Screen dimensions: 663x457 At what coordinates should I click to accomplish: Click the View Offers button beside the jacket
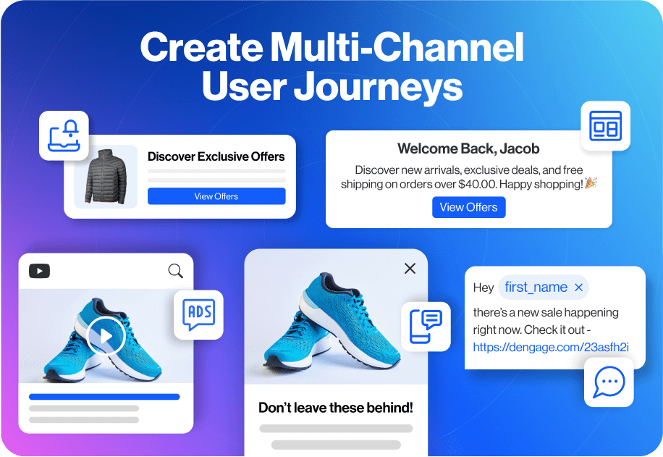[216, 196]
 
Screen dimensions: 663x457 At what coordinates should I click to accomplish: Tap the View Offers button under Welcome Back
[468, 207]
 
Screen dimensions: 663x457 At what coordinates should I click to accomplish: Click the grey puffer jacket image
[106, 177]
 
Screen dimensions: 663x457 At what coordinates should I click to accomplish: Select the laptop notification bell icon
[64, 136]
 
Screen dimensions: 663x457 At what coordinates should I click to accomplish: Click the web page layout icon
[606, 126]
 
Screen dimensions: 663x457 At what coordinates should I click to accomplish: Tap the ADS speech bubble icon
[199, 314]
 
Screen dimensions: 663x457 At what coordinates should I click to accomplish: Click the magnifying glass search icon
[175, 271]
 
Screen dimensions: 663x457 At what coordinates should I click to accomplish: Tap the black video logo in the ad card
[39, 271]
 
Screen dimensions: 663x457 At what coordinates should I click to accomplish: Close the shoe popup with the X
[410, 268]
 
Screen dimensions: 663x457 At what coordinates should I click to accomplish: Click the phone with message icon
[426, 326]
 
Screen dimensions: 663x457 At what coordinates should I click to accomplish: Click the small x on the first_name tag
[579, 288]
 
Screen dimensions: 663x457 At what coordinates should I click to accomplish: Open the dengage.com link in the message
[551, 347]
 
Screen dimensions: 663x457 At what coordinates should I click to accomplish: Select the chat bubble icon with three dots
[609, 382]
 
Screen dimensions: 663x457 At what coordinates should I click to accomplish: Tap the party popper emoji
[591, 183]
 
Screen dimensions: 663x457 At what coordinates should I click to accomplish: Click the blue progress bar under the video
[104, 397]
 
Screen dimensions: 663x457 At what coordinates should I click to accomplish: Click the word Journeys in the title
[378, 86]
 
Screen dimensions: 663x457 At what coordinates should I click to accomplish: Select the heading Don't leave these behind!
[336, 408]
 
